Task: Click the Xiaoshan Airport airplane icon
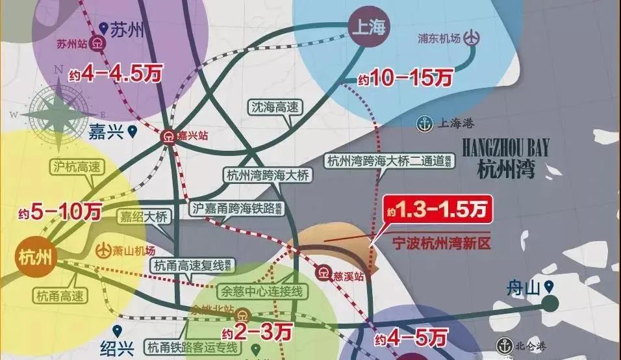point(105,249)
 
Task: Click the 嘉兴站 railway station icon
point(168,136)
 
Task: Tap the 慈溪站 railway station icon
point(323,273)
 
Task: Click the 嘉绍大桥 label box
point(143,216)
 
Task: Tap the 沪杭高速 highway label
point(75,167)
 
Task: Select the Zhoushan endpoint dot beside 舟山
point(551,303)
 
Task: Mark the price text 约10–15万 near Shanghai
point(404,79)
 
